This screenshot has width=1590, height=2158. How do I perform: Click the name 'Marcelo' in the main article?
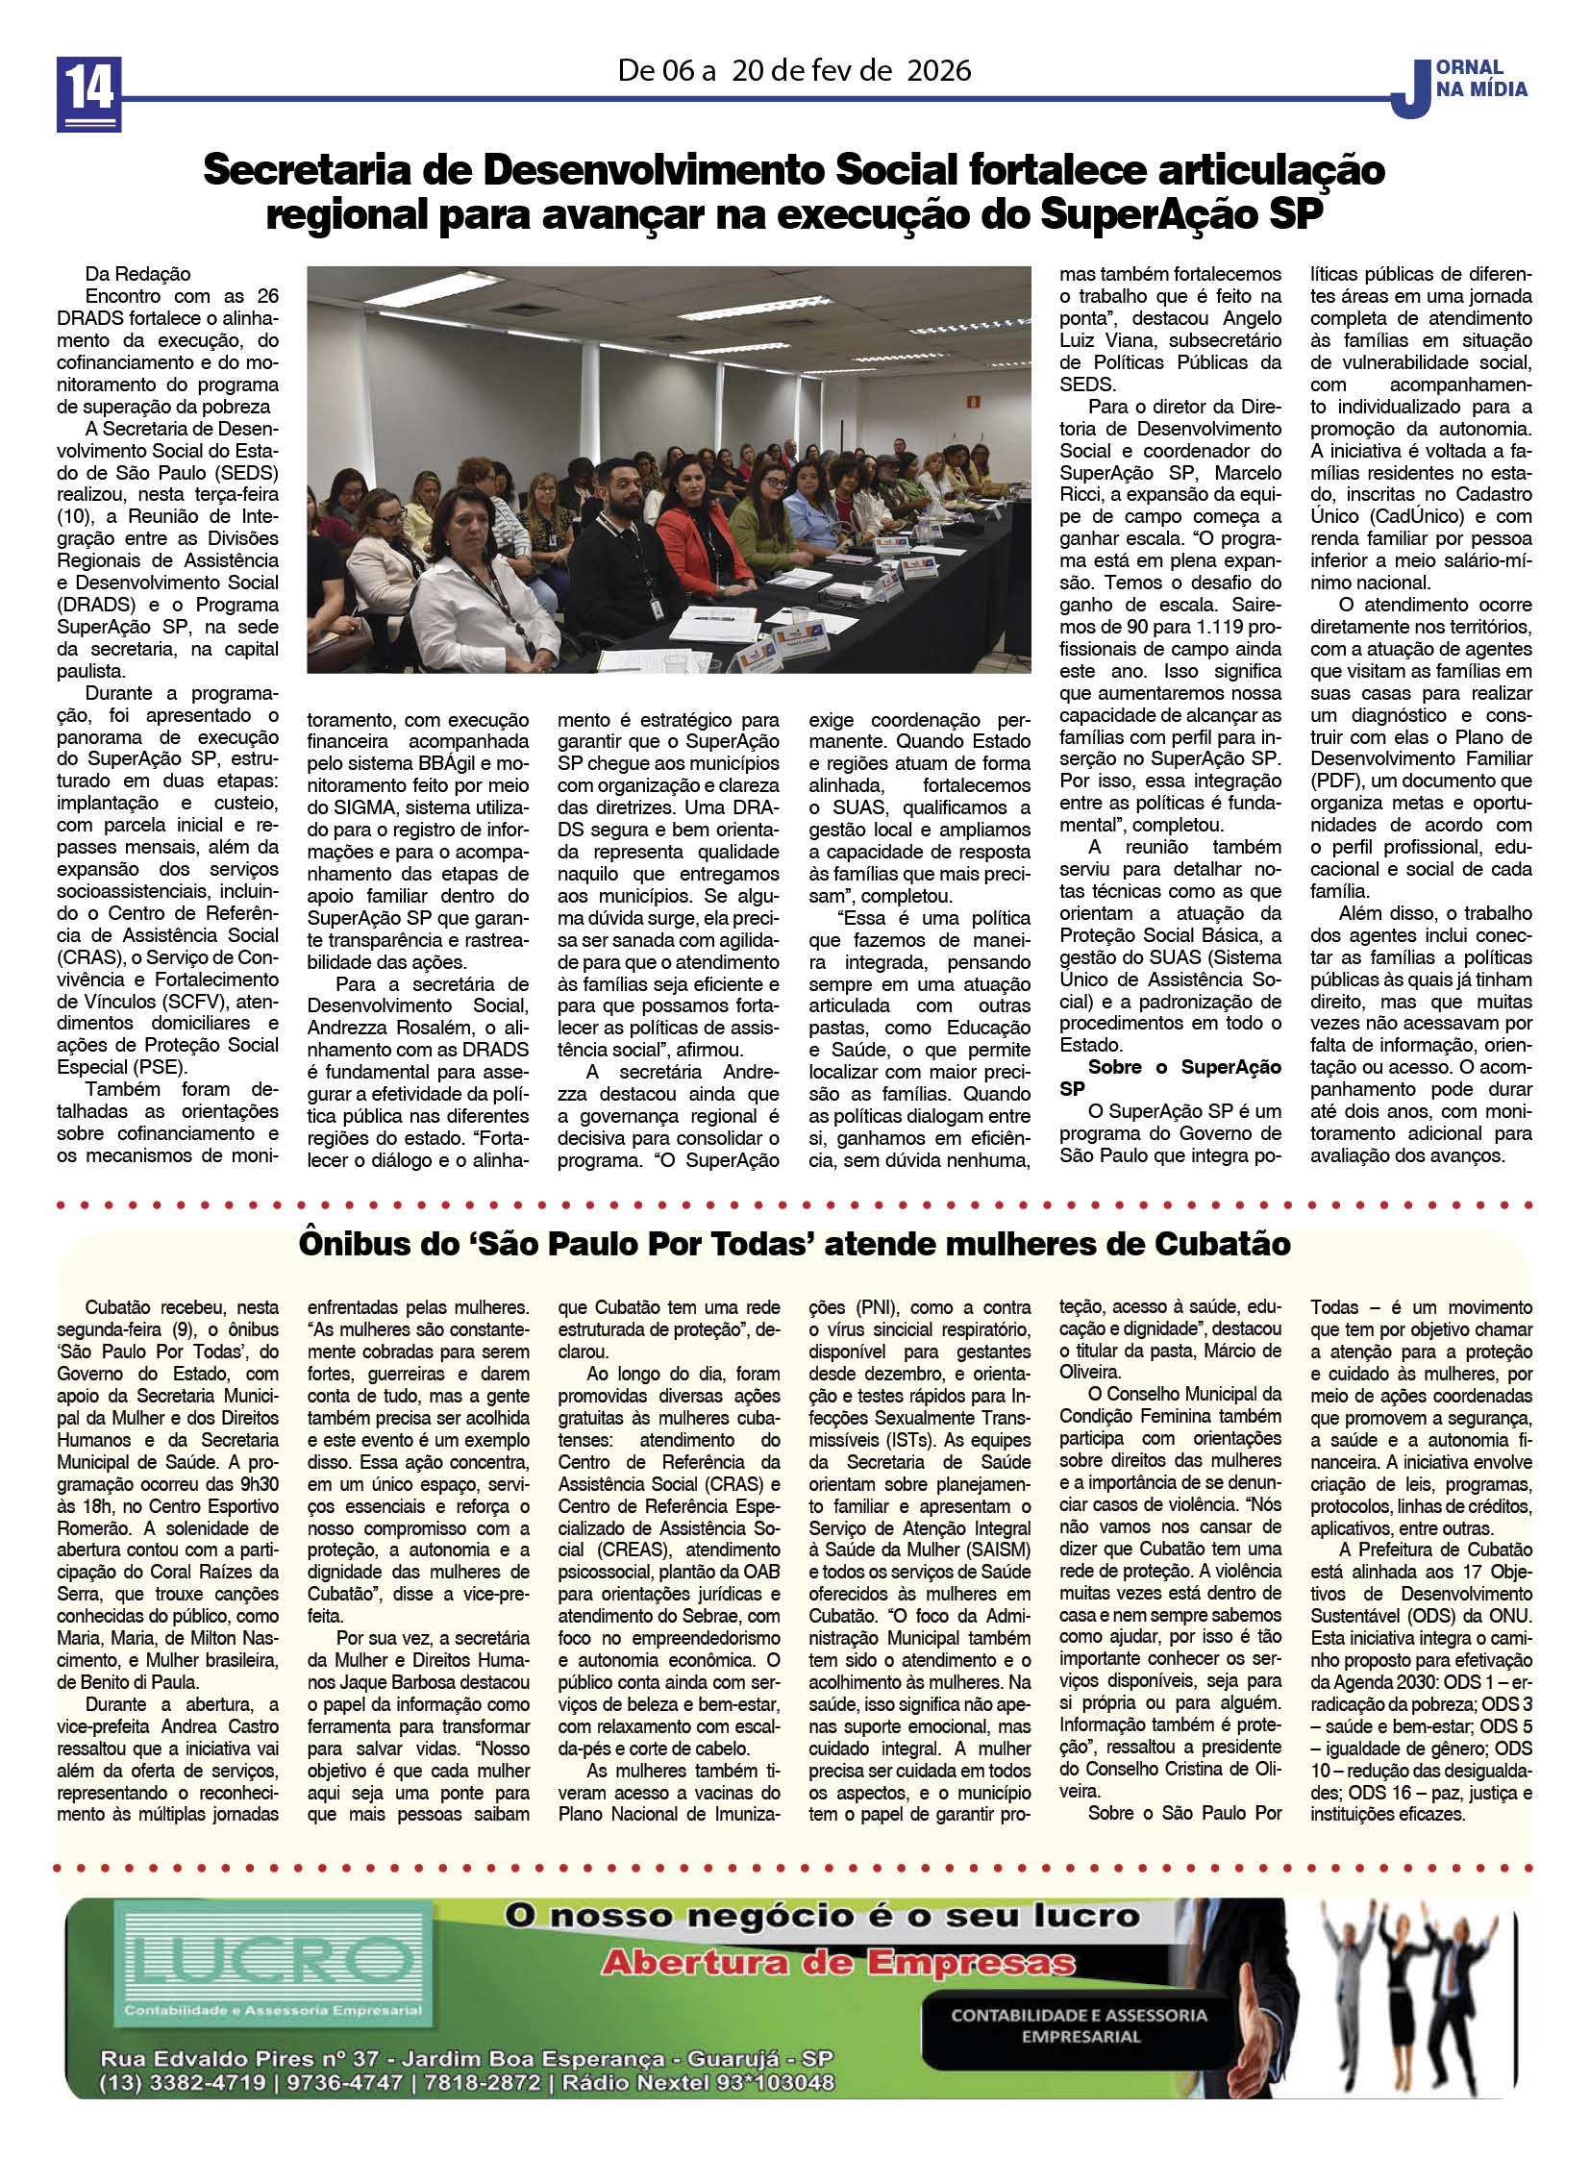(1249, 473)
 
